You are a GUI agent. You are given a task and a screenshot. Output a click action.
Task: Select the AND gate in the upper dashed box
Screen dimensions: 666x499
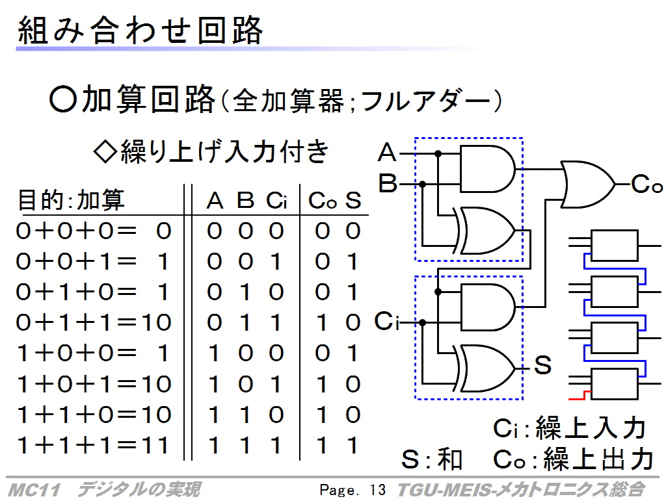(x=487, y=169)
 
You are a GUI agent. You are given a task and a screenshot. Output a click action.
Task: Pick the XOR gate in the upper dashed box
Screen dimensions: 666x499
(x=484, y=231)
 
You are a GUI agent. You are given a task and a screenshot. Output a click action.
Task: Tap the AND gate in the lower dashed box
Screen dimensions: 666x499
(x=487, y=307)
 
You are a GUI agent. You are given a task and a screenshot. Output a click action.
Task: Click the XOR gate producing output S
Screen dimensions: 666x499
(x=484, y=368)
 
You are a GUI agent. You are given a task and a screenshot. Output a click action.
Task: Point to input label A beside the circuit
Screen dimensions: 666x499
(x=386, y=152)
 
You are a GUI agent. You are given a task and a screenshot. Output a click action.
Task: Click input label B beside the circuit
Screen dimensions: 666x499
(x=388, y=184)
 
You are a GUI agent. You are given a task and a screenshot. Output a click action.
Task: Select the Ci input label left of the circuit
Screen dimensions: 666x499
(x=386, y=321)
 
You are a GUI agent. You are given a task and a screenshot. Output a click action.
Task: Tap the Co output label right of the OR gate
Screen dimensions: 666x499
(x=646, y=184)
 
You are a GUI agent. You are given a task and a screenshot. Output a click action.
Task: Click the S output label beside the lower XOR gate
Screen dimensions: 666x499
(x=542, y=365)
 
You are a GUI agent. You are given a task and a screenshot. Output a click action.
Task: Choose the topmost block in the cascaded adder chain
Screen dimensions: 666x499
(x=614, y=245)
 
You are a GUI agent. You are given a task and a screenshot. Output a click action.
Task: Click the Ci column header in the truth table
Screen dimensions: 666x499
(x=276, y=200)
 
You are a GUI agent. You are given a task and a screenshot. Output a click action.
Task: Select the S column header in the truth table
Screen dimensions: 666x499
(x=353, y=200)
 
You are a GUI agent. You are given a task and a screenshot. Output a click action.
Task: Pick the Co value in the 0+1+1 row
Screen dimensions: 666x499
(x=322, y=323)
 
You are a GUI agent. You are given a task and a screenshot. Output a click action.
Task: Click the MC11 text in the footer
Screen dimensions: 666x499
(x=34, y=490)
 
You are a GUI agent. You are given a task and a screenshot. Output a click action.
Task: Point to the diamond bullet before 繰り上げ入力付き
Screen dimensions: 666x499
(x=105, y=152)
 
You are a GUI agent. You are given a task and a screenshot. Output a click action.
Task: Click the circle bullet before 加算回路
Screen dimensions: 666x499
(x=63, y=99)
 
